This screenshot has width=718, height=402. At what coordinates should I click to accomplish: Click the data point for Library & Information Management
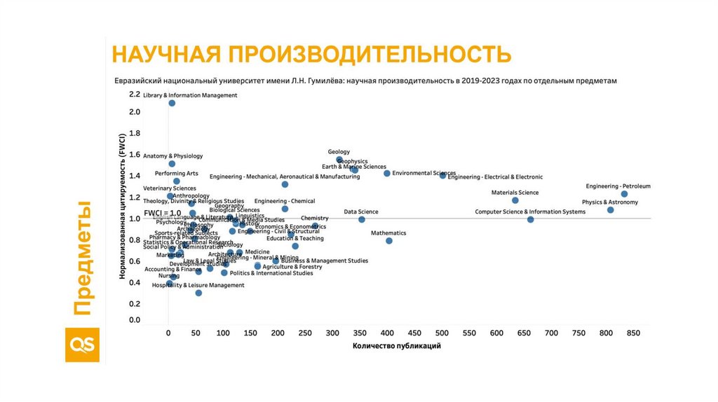[x=172, y=104]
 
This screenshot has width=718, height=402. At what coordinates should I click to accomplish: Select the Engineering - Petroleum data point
[x=624, y=194]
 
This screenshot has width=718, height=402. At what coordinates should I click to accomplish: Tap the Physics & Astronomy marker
[x=610, y=210]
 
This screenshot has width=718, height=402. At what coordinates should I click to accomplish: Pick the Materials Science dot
[x=515, y=200]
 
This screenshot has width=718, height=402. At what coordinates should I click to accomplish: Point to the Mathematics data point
[x=388, y=241]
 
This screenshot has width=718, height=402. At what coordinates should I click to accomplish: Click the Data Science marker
[x=361, y=220]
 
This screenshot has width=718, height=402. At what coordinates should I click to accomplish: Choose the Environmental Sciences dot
[x=386, y=173]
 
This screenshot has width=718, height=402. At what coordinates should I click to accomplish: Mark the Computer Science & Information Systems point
[x=530, y=220]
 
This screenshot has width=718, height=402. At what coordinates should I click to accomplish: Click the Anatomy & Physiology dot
[x=172, y=164]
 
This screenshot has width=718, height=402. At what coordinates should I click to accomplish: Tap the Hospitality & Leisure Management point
[x=198, y=293]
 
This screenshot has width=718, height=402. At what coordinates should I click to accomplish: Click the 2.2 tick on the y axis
[x=135, y=94]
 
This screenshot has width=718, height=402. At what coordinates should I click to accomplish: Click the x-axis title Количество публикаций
[x=397, y=345]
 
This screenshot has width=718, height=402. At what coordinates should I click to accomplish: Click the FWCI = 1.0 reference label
[x=162, y=213]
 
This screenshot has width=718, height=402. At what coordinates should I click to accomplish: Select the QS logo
[x=82, y=344]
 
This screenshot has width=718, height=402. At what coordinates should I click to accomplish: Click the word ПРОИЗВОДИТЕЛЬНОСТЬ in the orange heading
[x=366, y=54]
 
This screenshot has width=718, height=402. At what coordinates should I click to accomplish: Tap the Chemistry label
[x=314, y=219]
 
